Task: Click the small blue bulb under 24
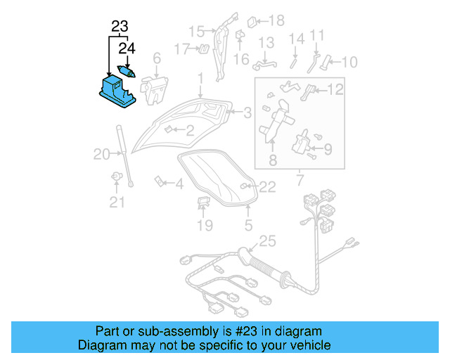127,72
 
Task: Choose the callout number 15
195,31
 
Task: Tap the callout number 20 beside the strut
101,154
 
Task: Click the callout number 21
116,203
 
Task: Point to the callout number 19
204,226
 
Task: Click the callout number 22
268,186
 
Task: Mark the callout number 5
247,226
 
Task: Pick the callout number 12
335,89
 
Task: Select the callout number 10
349,63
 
